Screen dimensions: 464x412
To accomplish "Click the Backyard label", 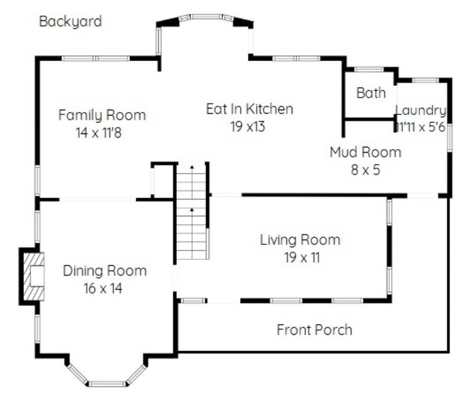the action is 70,21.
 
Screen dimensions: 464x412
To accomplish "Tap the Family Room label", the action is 102,115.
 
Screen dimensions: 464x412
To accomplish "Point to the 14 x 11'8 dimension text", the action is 99,133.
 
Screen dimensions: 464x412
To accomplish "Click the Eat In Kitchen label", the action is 249,109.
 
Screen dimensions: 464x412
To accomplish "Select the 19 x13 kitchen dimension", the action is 248,127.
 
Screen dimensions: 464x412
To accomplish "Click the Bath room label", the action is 371,93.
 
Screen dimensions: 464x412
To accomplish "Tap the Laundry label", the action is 421,110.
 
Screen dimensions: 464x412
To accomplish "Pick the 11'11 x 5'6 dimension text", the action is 421,127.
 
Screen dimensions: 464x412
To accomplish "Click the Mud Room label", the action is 365,152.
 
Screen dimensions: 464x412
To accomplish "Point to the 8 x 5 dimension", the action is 365,170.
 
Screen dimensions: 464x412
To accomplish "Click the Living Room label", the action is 300,240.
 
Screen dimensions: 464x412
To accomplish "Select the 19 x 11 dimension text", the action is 302,257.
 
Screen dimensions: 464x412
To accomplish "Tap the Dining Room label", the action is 105,271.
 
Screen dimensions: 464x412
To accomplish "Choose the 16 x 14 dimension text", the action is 103,288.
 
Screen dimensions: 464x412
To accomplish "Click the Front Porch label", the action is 314,330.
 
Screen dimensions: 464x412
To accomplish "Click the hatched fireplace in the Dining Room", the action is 34,276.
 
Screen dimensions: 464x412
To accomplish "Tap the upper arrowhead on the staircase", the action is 192,167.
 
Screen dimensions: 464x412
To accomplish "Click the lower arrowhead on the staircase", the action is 192,209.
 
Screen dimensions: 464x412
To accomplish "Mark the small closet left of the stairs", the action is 162,181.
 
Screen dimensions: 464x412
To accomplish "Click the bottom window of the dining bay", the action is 107,384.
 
